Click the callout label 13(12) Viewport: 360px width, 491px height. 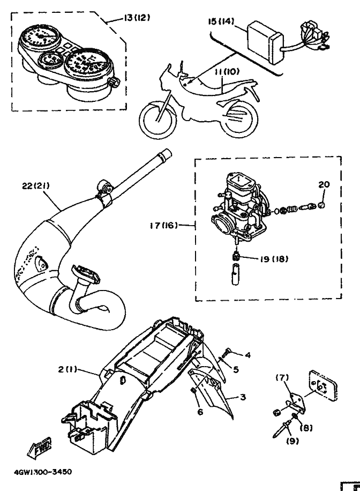[137, 18]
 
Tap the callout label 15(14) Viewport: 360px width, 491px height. [221, 22]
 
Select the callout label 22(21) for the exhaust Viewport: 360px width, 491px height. [35, 186]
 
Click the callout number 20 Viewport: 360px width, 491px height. [323, 184]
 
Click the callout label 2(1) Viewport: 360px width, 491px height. [68, 369]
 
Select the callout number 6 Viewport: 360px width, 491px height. [200, 412]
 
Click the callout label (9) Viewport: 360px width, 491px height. [292, 441]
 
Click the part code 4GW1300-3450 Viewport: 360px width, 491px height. [43, 472]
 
